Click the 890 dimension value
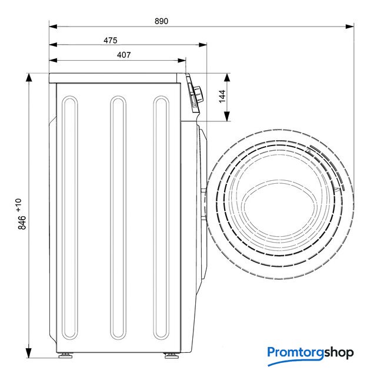point(161,21)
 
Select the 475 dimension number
point(111,40)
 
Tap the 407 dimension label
point(124,55)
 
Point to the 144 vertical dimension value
point(222,96)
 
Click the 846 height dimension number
point(22,223)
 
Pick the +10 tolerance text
point(19,205)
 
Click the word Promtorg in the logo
point(295,353)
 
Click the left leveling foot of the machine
point(66,356)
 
